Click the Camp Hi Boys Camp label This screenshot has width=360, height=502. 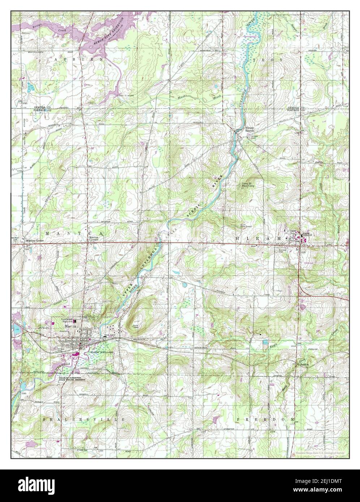coord(252,185)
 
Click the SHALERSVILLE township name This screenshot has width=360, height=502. coord(83,419)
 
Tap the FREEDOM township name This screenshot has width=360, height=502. coord(266,419)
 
